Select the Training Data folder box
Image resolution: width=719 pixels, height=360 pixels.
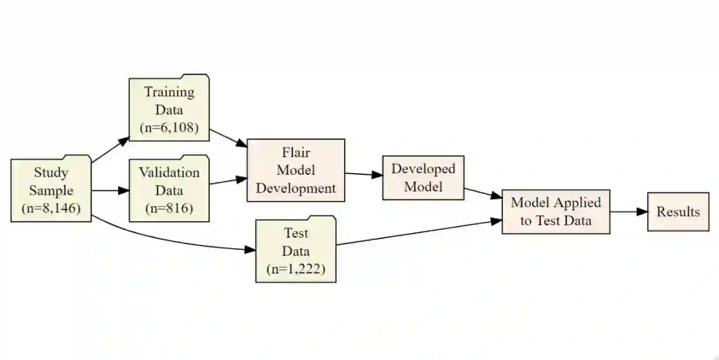point(168,108)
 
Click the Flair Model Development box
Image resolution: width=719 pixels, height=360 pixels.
point(296,170)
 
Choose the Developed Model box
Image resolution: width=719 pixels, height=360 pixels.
point(423,178)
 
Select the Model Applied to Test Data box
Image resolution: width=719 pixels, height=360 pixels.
point(556,211)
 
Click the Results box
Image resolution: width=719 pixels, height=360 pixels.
point(678,212)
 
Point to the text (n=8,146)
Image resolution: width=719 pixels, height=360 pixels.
point(51,209)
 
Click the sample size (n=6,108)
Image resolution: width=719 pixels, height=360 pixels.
point(169,127)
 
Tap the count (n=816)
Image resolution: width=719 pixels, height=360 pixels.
point(169,208)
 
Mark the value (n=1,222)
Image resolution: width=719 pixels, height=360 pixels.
point(296,269)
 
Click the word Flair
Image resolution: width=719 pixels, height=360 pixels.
point(296,152)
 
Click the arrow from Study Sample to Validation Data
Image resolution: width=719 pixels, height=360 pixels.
point(110,190)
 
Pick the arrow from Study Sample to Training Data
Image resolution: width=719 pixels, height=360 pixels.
point(111,149)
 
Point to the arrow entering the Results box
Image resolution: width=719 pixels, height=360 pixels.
point(628,212)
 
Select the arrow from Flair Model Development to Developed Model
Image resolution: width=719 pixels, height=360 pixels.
point(364,174)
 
